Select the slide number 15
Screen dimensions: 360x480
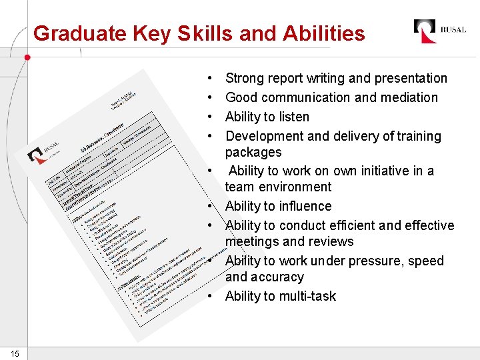click(x=14, y=353)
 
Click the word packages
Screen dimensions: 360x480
click(x=253, y=152)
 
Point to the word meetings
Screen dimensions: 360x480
click(x=255, y=241)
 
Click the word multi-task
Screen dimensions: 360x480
click(x=307, y=296)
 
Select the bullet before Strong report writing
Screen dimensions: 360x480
click(x=210, y=79)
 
